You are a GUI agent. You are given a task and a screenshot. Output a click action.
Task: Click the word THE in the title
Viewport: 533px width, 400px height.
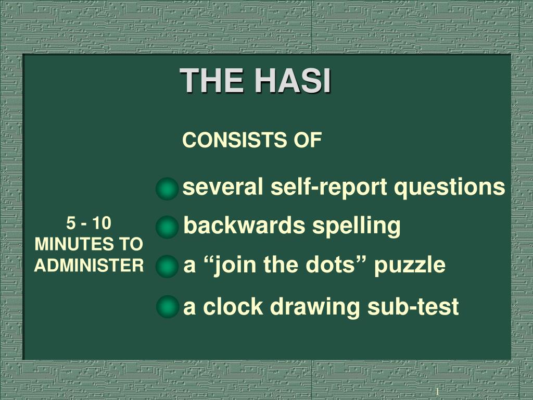click(211, 81)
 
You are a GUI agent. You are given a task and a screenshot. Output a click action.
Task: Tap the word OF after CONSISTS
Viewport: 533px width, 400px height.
click(308, 140)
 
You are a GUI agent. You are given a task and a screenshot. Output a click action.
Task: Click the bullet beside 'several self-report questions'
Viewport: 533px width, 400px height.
click(167, 189)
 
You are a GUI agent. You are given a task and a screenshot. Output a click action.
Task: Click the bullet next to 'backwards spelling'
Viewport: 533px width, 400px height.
click(167, 227)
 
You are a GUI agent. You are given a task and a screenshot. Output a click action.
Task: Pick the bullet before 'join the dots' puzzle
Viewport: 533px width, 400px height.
click(167, 266)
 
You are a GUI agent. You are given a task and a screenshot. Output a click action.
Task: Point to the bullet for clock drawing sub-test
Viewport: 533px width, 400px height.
click(168, 306)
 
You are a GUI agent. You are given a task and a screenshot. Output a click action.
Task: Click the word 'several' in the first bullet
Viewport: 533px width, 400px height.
click(223, 186)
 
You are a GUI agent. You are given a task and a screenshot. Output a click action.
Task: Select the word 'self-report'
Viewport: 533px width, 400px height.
click(329, 187)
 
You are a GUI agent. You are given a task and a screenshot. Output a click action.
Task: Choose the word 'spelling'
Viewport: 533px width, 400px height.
click(356, 227)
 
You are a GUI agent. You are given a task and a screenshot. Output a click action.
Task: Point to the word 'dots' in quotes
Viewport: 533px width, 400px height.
click(330, 264)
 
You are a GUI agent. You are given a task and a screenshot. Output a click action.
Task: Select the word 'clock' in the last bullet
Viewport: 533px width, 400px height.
click(233, 306)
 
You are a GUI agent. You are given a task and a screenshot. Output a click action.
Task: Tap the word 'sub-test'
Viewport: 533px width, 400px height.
click(413, 306)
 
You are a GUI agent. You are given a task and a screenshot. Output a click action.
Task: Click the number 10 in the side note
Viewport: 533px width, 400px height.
click(102, 223)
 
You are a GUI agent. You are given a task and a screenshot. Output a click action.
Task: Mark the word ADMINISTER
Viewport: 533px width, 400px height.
click(89, 266)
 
